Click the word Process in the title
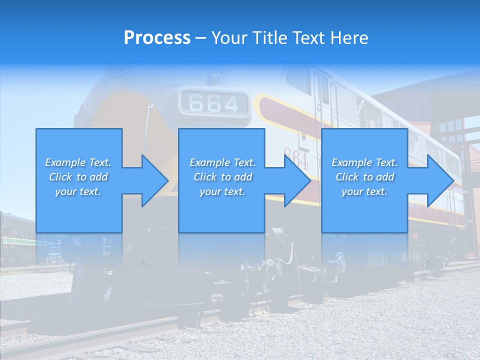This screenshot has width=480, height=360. [x=157, y=38]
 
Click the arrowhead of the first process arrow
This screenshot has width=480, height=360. [x=155, y=180]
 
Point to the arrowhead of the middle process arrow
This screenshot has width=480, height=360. [x=298, y=180]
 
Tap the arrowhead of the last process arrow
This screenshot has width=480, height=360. [x=440, y=180]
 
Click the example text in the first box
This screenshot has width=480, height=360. [x=78, y=177]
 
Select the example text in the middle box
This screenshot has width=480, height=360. [x=222, y=177]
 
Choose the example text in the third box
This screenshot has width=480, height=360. [x=364, y=177]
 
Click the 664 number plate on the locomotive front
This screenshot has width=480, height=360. [x=214, y=103]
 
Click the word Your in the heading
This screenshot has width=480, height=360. [x=228, y=38]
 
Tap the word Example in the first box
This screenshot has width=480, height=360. [x=64, y=162]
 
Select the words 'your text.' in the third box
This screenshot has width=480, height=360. [x=364, y=191]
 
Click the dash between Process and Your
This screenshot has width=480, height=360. [x=201, y=38]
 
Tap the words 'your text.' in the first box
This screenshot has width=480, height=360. [x=78, y=191]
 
